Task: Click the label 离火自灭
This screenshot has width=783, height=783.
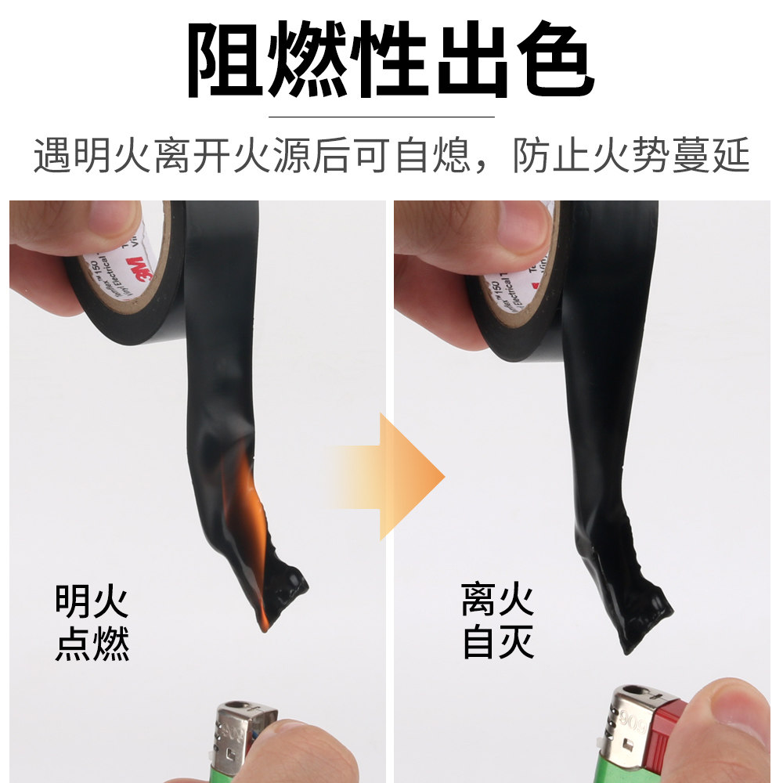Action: [498, 622]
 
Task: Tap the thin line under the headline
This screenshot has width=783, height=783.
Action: [381, 117]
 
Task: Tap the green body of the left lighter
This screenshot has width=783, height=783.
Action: [227, 771]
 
